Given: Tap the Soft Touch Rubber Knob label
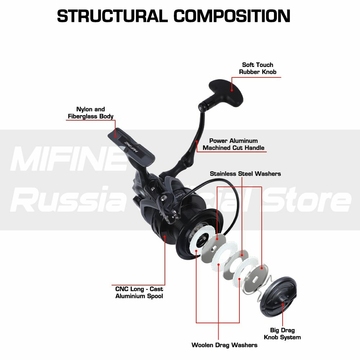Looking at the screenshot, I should pyautogui.click(x=257, y=68).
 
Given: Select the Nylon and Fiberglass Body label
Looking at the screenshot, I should pyautogui.click(x=90, y=113).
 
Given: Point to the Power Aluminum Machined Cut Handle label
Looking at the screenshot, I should pyautogui.click(x=233, y=144).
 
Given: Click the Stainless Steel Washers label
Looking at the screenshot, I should pyautogui.click(x=245, y=174).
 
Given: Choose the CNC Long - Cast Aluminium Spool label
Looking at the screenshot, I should pyautogui.click(x=139, y=292).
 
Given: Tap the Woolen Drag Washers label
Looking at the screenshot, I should pyautogui.click(x=224, y=345).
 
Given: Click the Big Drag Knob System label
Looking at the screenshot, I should pyautogui.click(x=282, y=333).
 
